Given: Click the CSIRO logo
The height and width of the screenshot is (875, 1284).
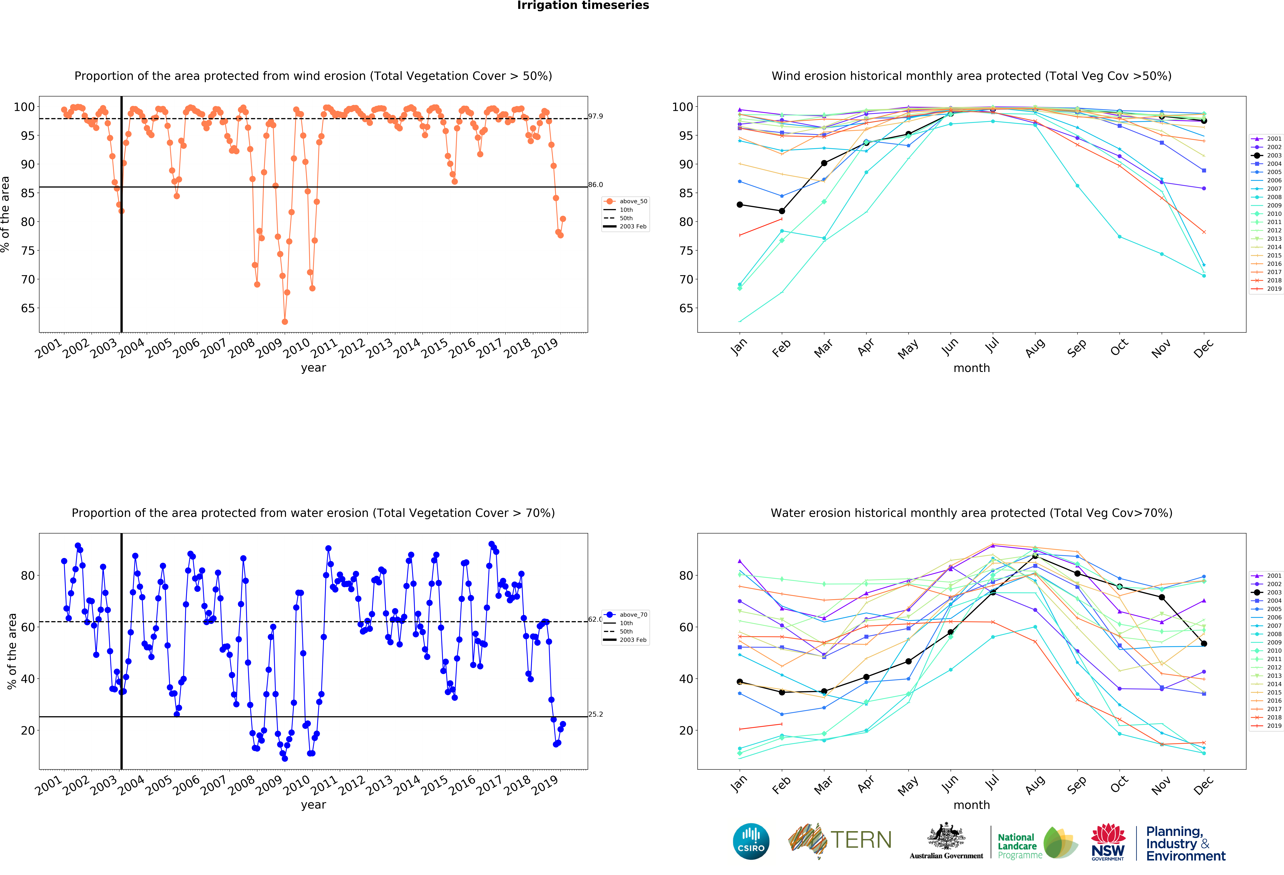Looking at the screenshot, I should (751, 841).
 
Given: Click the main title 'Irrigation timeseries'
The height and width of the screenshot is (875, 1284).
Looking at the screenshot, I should (583, 5).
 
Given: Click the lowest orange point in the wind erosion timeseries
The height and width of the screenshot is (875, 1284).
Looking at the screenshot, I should (285, 322).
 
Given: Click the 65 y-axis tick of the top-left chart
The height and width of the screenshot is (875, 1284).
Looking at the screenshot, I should (28, 308).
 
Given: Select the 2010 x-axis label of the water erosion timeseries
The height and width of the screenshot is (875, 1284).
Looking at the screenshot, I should (297, 784).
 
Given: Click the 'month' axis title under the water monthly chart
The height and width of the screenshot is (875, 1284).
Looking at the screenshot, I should (971, 805).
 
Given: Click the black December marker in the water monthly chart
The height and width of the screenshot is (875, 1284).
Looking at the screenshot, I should (1204, 644).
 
